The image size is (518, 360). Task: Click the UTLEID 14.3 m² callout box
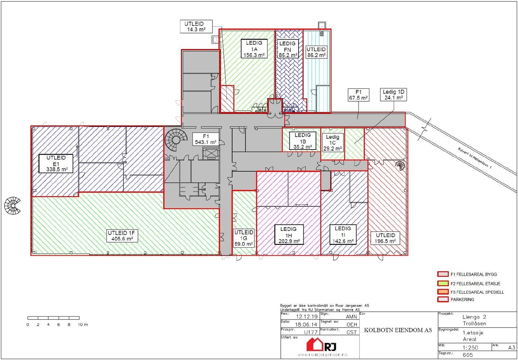[x=196, y=27]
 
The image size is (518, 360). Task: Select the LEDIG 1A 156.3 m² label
[x=254, y=49]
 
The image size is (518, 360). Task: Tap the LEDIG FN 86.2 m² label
[x=287, y=49]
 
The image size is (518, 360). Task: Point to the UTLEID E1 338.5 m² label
[x=56, y=163]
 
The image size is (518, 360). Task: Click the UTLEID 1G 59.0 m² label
[x=244, y=238]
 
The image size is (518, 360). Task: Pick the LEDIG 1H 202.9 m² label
[x=288, y=235]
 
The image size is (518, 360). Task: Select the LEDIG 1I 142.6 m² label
[x=343, y=235]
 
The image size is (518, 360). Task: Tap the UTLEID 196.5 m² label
[x=385, y=238]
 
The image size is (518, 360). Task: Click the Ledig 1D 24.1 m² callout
[x=393, y=95]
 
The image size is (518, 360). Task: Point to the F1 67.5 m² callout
[x=358, y=95]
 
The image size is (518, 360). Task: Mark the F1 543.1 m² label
[x=206, y=139]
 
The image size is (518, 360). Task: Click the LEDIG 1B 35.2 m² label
[x=303, y=141]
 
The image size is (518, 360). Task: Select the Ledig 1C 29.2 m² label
[x=332, y=143]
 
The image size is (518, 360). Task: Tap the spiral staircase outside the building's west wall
[x=13, y=206]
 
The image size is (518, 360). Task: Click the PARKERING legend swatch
[x=443, y=299]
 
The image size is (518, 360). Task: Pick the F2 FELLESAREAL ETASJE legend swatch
[x=443, y=284]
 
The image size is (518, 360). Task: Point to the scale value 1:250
[x=470, y=347]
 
